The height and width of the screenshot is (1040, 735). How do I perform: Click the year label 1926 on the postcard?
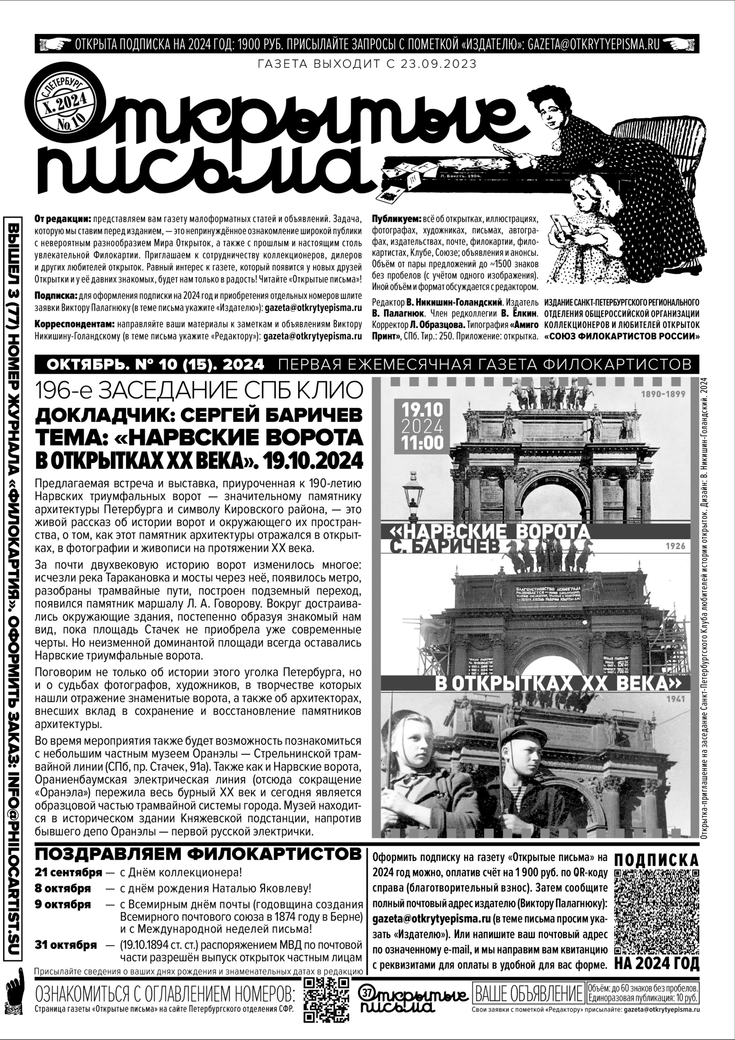click(675, 546)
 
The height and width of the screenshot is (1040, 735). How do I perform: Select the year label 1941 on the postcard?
click(675, 699)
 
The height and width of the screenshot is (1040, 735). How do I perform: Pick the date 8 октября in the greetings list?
click(63, 888)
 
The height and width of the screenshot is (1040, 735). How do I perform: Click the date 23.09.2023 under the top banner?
click(438, 64)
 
